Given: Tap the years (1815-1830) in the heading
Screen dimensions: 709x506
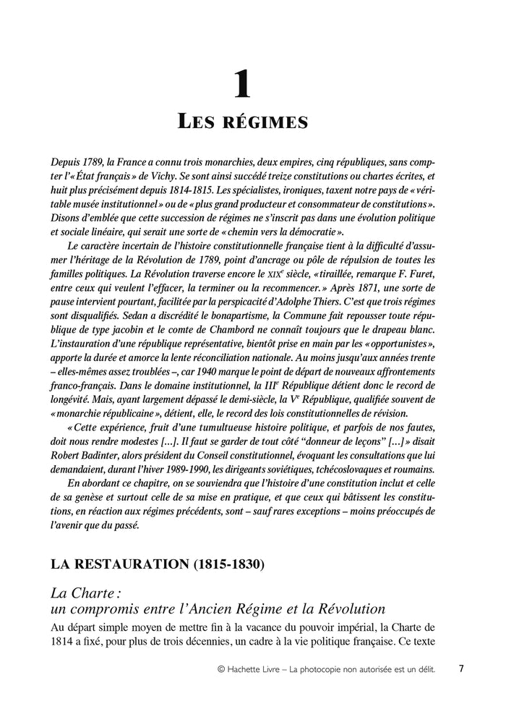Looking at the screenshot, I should [x=233, y=563].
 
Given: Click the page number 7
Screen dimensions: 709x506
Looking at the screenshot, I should [x=460, y=669].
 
